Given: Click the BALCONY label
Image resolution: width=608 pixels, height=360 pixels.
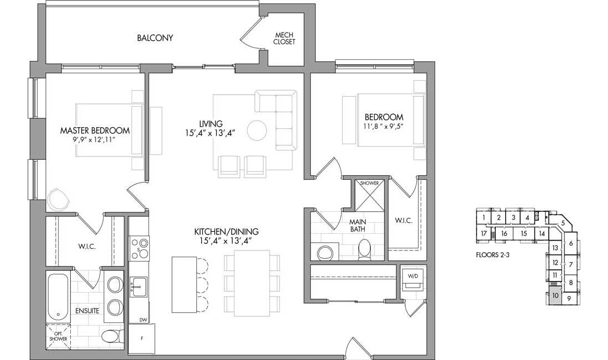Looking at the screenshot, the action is click(x=155, y=38).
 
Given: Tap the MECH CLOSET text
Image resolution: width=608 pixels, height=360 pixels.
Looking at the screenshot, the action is click(x=284, y=38).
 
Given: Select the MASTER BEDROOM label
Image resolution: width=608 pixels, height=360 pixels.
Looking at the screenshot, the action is click(x=95, y=131).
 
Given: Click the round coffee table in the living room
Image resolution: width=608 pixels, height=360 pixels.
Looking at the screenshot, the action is click(x=256, y=131).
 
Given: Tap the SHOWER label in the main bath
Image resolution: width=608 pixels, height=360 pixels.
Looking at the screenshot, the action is click(x=370, y=183).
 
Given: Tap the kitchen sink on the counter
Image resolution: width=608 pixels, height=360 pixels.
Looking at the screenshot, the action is click(x=139, y=286).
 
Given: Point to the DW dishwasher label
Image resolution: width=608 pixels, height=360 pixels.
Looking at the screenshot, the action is click(x=143, y=320).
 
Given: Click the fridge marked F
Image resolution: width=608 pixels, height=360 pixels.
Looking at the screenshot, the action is click(x=142, y=338).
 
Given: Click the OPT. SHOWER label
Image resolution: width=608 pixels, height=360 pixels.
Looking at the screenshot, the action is click(x=58, y=336).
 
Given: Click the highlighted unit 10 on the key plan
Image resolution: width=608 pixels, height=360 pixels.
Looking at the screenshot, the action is click(x=555, y=296).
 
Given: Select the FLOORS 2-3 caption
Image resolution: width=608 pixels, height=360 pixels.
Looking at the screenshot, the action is click(x=492, y=255).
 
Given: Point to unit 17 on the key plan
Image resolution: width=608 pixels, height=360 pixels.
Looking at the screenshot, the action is click(x=484, y=233).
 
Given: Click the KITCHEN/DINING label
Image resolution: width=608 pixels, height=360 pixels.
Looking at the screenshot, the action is click(x=227, y=232).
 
